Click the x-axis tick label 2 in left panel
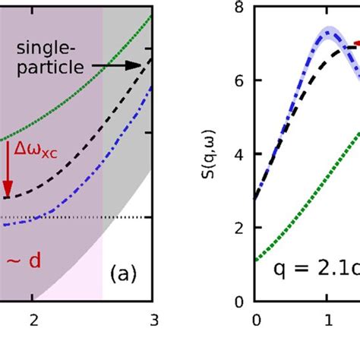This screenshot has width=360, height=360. pos(33,319)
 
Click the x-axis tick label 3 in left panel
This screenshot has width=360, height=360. pos(154,319)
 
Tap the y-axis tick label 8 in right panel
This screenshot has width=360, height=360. pos(238,8)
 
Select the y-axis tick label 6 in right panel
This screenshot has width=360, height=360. pos(238,81)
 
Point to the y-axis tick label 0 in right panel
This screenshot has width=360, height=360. pos(238,302)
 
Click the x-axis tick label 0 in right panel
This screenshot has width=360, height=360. pos(256,319)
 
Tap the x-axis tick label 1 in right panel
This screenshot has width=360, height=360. pos(327,319)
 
